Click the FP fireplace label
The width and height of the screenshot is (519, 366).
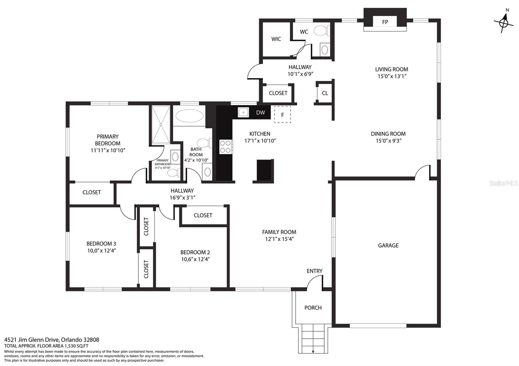(x=385, y=22)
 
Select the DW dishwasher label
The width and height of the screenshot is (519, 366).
(x=260, y=113)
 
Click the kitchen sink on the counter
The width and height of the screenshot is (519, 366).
(x=243, y=112)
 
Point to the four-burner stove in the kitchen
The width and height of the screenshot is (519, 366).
(x=226, y=147)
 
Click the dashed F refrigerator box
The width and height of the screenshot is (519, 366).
(x=283, y=115)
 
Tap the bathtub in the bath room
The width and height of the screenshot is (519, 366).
(x=189, y=116)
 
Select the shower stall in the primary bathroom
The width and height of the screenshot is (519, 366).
(x=161, y=125)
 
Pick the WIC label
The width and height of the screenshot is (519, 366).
(x=276, y=39)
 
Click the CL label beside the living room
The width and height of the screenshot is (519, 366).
(x=325, y=93)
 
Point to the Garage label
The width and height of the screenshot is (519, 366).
(x=388, y=246)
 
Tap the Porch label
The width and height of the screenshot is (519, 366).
(x=313, y=308)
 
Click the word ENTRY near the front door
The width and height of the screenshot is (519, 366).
(x=314, y=271)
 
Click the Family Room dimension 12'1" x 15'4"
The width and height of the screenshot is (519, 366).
(x=279, y=239)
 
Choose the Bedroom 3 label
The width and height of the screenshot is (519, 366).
(x=101, y=244)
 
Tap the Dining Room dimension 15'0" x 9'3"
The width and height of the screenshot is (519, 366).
(x=388, y=141)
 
